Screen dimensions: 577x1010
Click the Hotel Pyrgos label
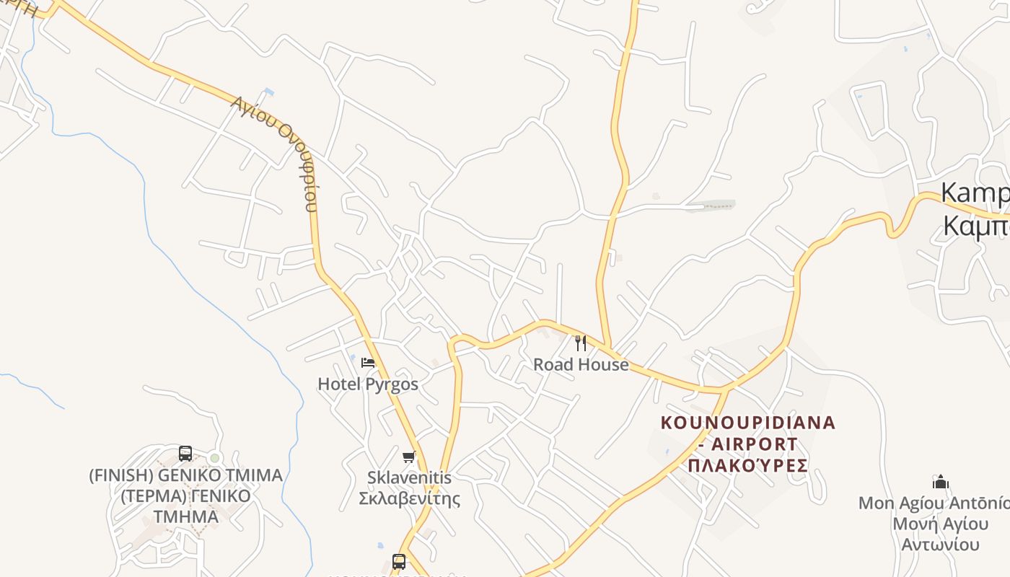click(x=368, y=384)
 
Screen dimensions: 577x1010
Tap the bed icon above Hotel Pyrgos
click(x=368, y=363)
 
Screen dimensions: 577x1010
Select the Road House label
click(x=581, y=365)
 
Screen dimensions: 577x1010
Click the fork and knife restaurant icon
click(x=581, y=343)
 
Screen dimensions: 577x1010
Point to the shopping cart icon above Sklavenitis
click(x=409, y=457)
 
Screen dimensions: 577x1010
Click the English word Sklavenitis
click(x=409, y=477)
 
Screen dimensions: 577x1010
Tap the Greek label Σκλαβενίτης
click(x=409, y=498)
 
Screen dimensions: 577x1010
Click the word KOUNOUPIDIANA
click(x=748, y=423)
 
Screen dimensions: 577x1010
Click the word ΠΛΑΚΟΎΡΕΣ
click(x=747, y=465)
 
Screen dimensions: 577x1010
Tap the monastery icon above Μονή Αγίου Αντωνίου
click(x=941, y=482)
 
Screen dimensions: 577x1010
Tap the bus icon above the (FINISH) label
click(x=185, y=454)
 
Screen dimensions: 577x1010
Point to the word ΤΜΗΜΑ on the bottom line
click(x=185, y=517)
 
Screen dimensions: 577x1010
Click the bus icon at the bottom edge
click(x=399, y=561)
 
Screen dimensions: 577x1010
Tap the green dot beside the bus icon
click(x=214, y=458)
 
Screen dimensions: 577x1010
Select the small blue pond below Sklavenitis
click(x=380, y=546)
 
